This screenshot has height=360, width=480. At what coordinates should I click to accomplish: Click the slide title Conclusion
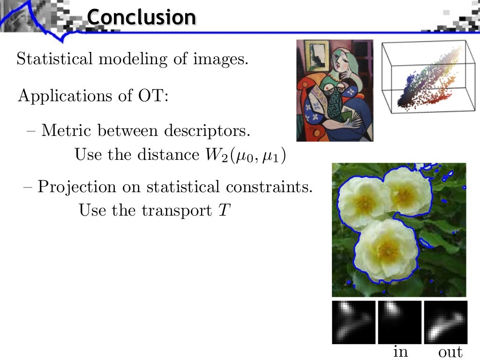tap(141, 17)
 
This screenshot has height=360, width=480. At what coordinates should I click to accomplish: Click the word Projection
tap(76, 187)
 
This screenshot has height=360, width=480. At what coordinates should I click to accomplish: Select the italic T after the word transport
tap(223, 210)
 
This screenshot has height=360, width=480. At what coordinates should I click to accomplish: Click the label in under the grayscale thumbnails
tap(400, 351)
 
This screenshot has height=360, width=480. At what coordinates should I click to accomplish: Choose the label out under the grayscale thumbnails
tap(450, 352)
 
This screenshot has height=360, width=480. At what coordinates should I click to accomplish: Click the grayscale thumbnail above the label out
tap(446, 322)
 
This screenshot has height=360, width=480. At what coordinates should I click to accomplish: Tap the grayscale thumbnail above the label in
tap(399, 322)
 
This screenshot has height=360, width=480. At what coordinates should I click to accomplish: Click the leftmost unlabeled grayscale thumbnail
tap(353, 322)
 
